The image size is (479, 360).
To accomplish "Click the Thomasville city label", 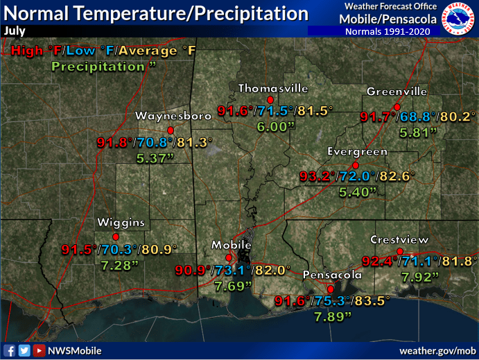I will pyautogui.click(x=273, y=88).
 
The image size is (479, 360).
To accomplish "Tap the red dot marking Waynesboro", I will pyautogui.click(x=170, y=130).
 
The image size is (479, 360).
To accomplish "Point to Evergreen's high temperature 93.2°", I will pyautogui.click(x=317, y=176).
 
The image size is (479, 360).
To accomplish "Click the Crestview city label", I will pyautogui.click(x=399, y=239).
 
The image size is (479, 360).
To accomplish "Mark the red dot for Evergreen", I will pyautogui.click(x=355, y=165).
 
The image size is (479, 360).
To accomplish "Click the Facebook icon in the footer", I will pyautogui.click(x=10, y=350).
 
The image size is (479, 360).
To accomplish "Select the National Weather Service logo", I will pyautogui.click(x=459, y=20).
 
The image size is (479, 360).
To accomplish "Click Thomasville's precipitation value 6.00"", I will pyautogui.click(x=272, y=127).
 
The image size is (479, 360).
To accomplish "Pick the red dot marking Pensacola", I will pyautogui.click(x=331, y=289).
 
